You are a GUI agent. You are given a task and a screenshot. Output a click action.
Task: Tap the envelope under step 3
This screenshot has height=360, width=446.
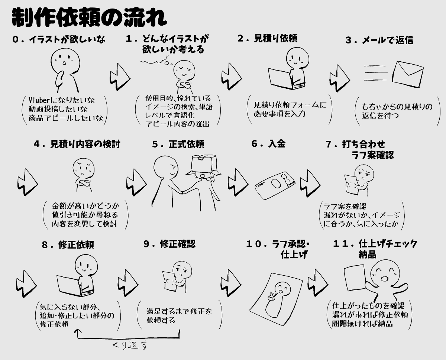408,74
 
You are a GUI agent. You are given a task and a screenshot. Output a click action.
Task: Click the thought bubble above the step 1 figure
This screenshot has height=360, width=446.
156,60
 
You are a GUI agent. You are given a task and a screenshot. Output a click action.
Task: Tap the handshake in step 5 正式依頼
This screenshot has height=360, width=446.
182,192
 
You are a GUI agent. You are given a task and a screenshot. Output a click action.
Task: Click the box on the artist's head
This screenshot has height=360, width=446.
204,163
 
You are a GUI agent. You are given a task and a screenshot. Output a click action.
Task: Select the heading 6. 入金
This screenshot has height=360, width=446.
268,144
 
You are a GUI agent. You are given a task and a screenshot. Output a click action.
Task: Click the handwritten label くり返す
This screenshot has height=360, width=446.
130,345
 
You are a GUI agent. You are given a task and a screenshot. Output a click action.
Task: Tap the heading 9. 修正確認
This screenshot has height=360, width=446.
169,244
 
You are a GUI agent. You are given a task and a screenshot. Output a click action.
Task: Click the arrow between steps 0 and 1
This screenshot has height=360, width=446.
120,77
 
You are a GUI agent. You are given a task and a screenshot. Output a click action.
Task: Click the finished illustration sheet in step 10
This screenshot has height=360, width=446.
276,299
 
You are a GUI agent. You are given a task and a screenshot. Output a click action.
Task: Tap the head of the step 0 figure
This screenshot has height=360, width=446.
65,61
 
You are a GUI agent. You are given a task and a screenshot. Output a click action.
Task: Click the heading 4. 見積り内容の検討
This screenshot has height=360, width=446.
77,144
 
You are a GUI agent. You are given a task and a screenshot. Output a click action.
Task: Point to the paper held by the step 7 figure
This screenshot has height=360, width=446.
351,185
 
